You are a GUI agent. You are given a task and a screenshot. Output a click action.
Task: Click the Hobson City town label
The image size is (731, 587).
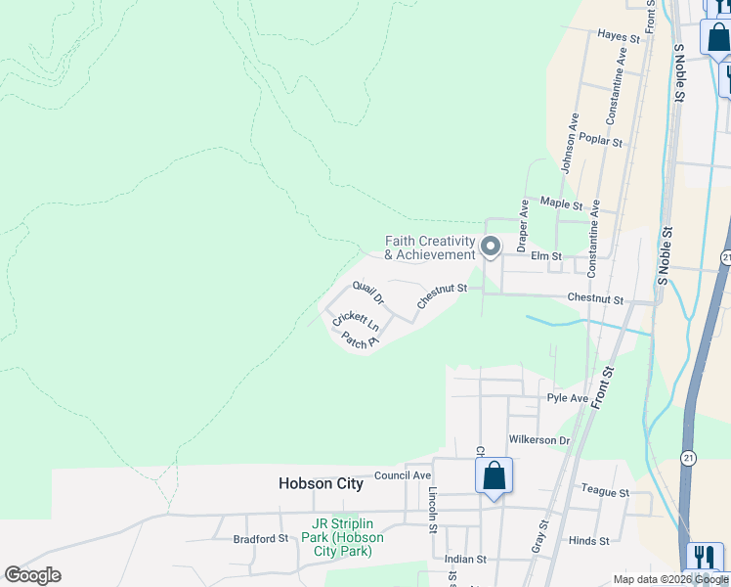pyautogui.click(x=321, y=483)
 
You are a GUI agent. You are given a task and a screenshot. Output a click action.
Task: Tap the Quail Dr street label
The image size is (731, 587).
pyautogui.click(x=368, y=292)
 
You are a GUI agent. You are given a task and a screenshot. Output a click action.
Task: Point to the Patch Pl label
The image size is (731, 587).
pyautogui.click(x=360, y=340)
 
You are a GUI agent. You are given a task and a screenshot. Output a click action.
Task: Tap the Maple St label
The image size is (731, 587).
pyautogui.click(x=561, y=205)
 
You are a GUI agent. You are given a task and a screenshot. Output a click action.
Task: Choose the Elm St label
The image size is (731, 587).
pyautogui.click(x=546, y=256)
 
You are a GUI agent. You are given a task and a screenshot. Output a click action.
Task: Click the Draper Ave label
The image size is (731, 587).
pyautogui.click(x=523, y=223)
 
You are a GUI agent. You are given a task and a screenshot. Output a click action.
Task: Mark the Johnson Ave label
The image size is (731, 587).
pyautogui.click(x=569, y=143)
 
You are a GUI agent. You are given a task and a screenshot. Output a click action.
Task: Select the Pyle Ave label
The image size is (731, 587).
pyautogui.click(x=568, y=398)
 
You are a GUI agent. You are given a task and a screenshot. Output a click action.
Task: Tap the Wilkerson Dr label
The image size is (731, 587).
pyautogui.click(x=538, y=440)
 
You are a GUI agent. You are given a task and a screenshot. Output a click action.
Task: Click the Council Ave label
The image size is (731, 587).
pyautogui.click(x=402, y=475)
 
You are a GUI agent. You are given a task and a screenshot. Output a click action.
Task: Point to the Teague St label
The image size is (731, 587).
pyautogui.click(x=605, y=492)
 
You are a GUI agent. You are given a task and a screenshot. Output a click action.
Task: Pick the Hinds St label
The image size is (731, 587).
pyautogui.click(x=588, y=540)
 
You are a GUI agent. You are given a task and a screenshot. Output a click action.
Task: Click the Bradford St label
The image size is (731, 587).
pyautogui.click(x=261, y=538)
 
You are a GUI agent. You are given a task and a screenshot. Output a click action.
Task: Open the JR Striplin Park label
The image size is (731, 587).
pyautogui.click(x=343, y=537)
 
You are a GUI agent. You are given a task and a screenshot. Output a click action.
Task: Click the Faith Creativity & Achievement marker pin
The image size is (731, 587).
pyautogui.click(x=491, y=247)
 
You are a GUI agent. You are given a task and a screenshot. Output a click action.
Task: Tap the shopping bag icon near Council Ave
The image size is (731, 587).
pyautogui.click(x=494, y=476)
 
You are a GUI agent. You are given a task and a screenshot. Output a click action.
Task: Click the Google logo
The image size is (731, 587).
pyautogui.click(x=32, y=575)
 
